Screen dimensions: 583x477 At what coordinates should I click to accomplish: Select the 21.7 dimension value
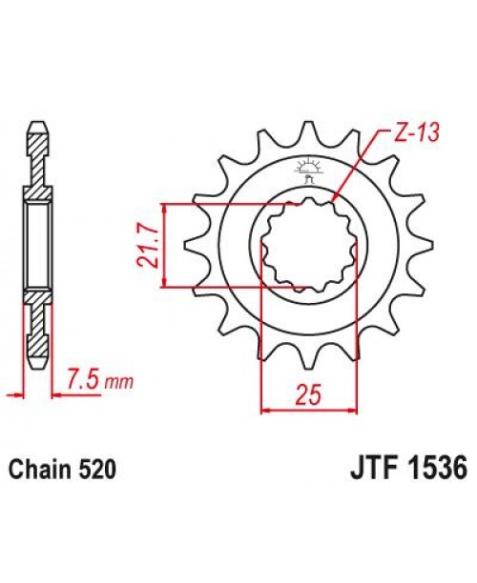tap(149, 246)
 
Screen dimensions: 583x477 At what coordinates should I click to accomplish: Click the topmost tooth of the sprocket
tap(305, 131)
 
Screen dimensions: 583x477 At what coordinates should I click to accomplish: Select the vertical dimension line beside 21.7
tap(167, 245)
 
